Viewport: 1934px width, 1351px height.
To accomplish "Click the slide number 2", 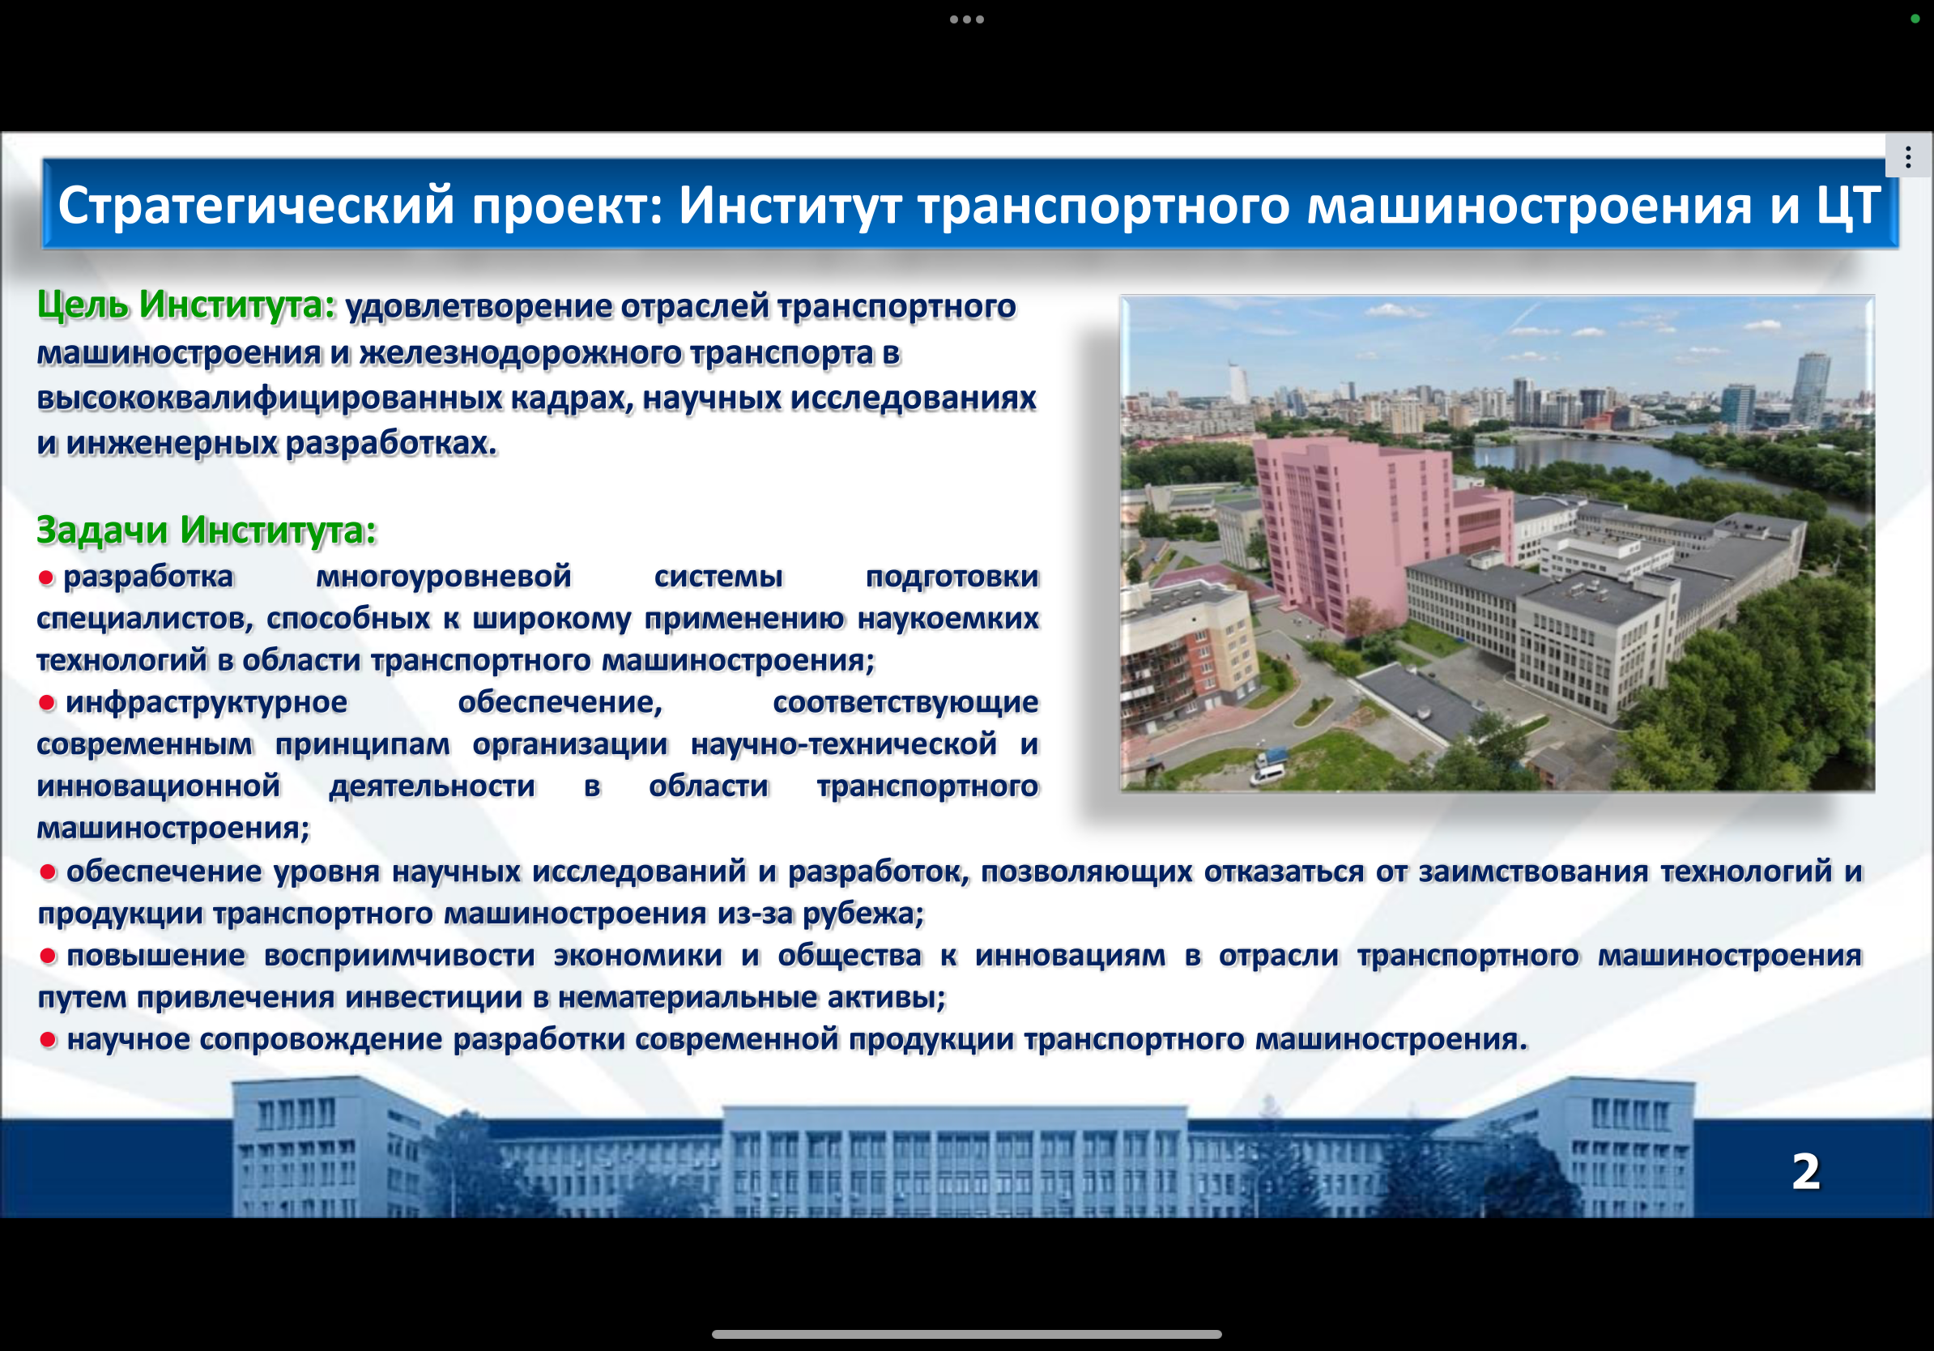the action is tap(1806, 1172).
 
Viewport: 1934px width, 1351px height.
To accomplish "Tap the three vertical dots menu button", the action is tap(1908, 156).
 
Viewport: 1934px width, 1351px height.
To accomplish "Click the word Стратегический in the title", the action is tap(256, 206).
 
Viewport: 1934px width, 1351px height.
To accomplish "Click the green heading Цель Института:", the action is tap(186, 305).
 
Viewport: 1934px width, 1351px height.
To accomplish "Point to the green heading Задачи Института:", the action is tap(207, 530).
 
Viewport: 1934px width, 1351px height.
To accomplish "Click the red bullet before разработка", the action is tap(46, 577).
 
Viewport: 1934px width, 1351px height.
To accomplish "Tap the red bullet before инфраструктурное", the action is tap(47, 702).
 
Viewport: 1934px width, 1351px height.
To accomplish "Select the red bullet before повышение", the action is tap(48, 956).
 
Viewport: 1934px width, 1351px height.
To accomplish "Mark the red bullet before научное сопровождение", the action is tap(48, 1040).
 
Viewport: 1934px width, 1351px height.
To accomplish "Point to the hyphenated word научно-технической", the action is tap(843, 744).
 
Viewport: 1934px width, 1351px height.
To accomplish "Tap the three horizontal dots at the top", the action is tap(967, 19).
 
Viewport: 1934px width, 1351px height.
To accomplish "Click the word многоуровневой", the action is tap(443, 577).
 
